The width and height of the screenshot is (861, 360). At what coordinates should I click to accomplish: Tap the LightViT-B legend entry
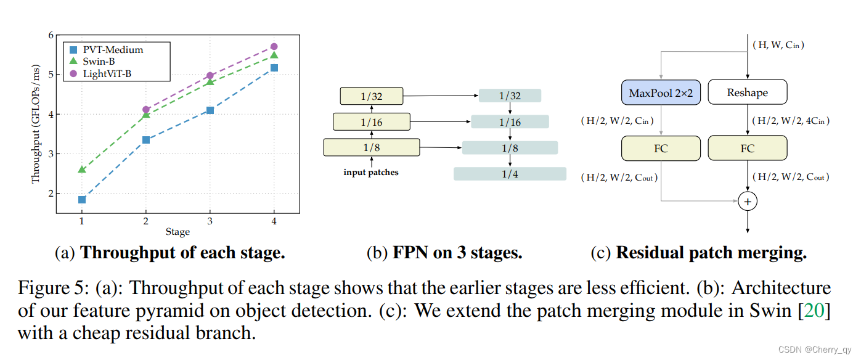pyautogui.click(x=100, y=73)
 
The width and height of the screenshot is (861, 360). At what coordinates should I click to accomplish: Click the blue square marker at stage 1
pyautogui.click(x=82, y=200)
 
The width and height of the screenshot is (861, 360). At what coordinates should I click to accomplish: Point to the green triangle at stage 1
pyautogui.click(x=82, y=169)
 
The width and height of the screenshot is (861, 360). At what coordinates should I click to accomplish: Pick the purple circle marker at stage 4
pyautogui.click(x=274, y=46)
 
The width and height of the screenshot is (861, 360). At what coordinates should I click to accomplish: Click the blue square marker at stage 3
pyautogui.click(x=210, y=110)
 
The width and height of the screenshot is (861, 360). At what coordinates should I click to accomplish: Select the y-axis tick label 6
pyautogui.click(x=51, y=36)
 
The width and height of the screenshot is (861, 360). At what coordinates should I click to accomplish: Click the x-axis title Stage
pyautogui.click(x=178, y=232)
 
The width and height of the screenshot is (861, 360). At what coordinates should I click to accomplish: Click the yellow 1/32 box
pyautogui.click(x=371, y=96)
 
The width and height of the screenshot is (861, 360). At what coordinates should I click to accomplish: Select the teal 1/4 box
pyautogui.click(x=510, y=174)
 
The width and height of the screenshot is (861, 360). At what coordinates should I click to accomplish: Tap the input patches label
pyautogui.click(x=371, y=173)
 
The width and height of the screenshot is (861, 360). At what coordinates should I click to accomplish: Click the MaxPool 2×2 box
pyautogui.click(x=661, y=92)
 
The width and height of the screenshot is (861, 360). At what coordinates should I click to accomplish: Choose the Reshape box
pyautogui.click(x=748, y=92)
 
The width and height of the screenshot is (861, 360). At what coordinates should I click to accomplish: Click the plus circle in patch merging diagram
pyautogui.click(x=748, y=201)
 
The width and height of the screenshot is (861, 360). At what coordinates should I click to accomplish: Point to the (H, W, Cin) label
pyautogui.click(x=778, y=44)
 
